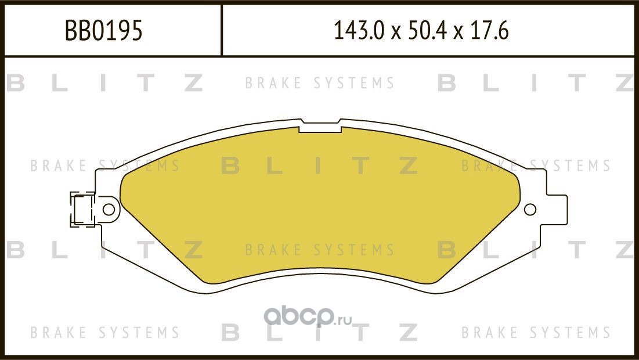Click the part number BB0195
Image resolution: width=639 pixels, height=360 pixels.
tap(103, 31)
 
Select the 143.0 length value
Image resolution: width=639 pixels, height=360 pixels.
tap(358, 31)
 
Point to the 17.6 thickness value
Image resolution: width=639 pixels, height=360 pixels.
tap(491, 31)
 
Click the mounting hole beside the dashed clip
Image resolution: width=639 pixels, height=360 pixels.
tap(109, 208)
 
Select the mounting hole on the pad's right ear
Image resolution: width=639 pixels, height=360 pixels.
tap(530, 210)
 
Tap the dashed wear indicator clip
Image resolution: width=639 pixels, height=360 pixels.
tap(81, 209)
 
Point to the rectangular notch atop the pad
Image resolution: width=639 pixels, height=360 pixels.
tap(319, 126)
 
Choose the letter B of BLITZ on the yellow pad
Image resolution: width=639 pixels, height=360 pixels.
tap(230, 167)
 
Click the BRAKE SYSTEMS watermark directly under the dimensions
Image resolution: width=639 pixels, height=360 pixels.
tap(319, 84)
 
